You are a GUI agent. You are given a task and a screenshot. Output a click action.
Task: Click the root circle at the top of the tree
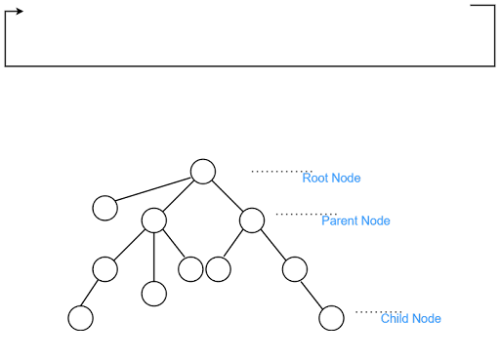tap(202, 172)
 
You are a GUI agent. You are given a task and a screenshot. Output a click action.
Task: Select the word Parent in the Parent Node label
tap(340, 221)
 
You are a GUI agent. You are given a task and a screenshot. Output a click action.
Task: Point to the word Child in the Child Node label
tap(395, 319)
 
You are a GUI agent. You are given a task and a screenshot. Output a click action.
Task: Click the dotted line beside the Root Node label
tap(280, 171)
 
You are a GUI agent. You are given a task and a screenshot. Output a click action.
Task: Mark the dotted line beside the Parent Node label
tap(305, 214)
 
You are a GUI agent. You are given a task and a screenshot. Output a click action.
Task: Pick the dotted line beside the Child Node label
tap(377, 312)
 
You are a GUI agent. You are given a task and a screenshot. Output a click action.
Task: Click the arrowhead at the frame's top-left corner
tap(20, 13)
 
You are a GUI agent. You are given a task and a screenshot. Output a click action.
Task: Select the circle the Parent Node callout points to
tap(251, 220)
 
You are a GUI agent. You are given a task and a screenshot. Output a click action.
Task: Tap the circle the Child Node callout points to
tap(332, 318)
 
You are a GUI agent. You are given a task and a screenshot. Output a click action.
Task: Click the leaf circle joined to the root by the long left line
tap(104, 208)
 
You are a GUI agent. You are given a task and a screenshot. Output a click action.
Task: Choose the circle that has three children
tap(153, 220)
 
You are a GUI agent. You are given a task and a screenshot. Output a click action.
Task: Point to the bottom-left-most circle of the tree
tap(80, 318)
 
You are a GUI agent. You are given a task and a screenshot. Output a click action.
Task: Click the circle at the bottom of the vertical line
tap(153, 293)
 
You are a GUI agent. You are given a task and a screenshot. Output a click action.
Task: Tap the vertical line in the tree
tap(153, 257)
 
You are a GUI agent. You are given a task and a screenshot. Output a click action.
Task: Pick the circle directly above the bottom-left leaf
tap(104, 268)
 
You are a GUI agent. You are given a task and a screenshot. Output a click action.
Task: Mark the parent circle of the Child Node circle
tap(294, 268)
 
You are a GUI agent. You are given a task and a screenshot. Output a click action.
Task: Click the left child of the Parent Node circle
tap(219, 268)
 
